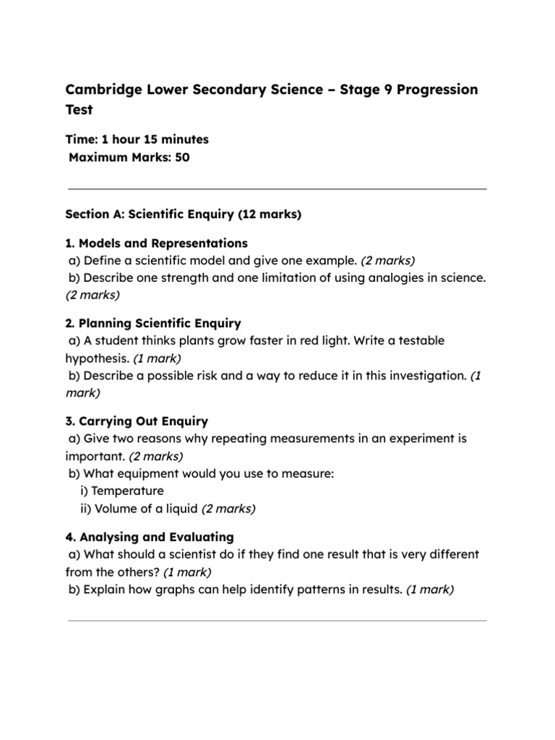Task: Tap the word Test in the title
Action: click(x=79, y=111)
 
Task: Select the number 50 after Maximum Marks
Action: click(x=181, y=158)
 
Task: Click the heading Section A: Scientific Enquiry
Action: click(x=183, y=215)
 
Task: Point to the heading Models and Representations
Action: click(x=163, y=243)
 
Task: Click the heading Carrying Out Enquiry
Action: click(x=143, y=421)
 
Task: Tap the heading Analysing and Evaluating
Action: click(x=156, y=537)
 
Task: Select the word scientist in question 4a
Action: click(x=197, y=555)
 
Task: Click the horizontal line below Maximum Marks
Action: click(x=277, y=189)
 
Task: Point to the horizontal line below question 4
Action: click(x=277, y=620)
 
